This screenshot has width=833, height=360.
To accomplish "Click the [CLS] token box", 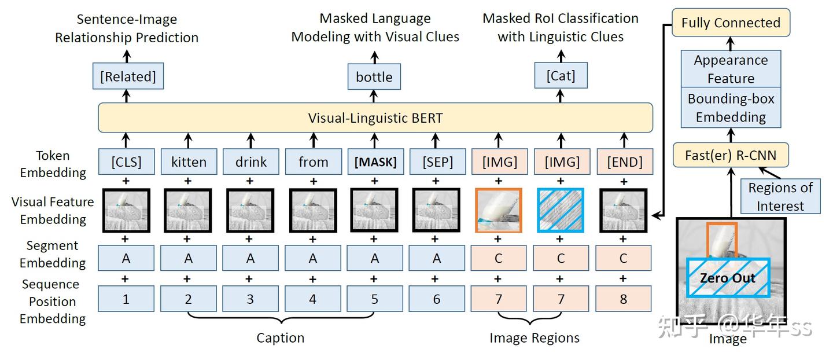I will click(x=126, y=162).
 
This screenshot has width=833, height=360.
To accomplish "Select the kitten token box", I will click(x=188, y=162).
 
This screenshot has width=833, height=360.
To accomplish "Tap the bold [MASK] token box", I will click(x=375, y=162).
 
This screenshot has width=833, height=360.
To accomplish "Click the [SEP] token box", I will click(x=437, y=162).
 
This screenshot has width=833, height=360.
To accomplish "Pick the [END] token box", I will click(x=624, y=162).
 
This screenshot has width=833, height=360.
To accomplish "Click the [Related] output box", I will click(x=128, y=77).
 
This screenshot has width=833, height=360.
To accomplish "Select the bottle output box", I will click(x=374, y=77).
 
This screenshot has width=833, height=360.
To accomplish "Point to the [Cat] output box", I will click(x=561, y=76).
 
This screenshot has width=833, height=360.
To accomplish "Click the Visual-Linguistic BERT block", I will click(x=375, y=118).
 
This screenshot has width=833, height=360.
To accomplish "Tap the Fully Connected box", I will click(x=731, y=23).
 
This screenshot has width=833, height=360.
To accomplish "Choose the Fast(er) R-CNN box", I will click(x=731, y=155).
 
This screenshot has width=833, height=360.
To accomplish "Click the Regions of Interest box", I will click(x=780, y=197).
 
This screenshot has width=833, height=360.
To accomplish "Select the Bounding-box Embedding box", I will click(x=731, y=108).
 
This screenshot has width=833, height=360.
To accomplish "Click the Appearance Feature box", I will click(x=731, y=69).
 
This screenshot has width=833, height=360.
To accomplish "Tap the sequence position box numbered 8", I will click(x=624, y=299).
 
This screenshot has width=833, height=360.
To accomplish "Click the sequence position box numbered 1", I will click(x=126, y=299).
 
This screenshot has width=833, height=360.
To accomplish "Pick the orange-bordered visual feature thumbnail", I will click(x=499, y=210).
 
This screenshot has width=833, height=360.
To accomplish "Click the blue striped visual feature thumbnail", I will click(x=561, y=210).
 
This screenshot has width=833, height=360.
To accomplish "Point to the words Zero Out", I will click(x=727, y=278).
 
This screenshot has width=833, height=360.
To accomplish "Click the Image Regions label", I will click(x=534, y=338).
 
